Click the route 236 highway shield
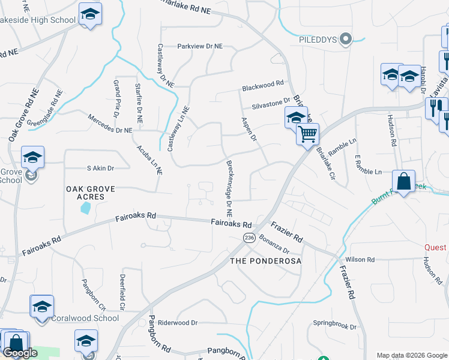click(247, 238)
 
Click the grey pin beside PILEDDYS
click(345, 40)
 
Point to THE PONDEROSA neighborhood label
click(265, 262)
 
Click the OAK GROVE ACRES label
click(89, 193)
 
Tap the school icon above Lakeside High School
click(90, 14)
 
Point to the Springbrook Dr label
click(335, 328)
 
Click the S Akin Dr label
click(100, 169)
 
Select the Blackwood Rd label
click(262, 87)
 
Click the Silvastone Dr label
click(271, 104)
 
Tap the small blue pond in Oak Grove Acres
click(85, 208)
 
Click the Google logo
click(20, 353)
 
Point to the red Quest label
click(435, 247)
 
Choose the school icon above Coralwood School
click(42, 306)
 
